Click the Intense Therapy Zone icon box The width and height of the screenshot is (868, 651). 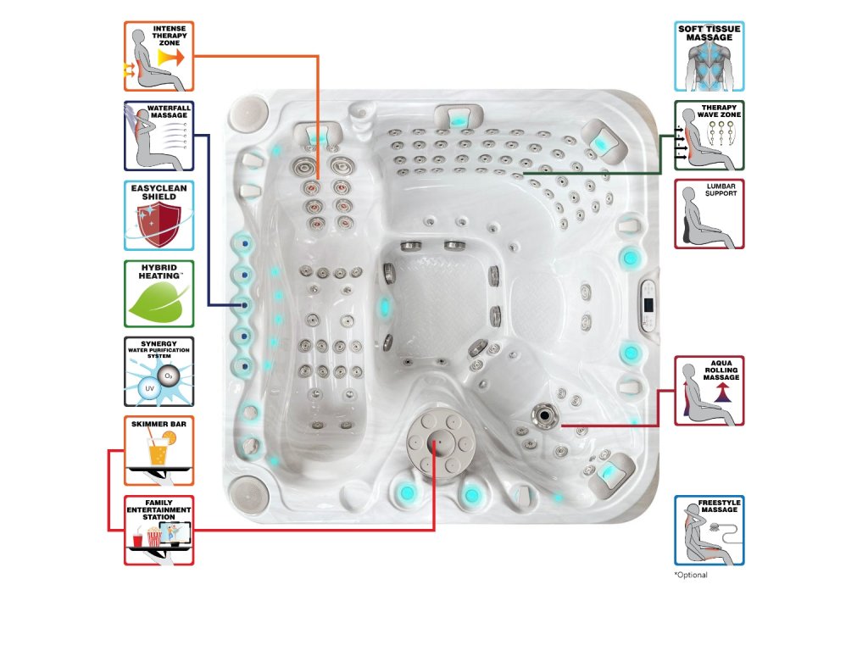[159, 57]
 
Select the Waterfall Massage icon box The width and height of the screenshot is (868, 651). [159, 136]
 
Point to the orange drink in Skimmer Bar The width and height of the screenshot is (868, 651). [159, 449]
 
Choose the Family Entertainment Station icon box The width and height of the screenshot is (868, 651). [159, 530]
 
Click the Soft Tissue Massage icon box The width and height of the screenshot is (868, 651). [709, 57]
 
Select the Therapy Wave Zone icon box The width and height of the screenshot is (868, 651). [709, 136]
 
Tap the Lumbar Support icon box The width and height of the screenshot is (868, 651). [709, 214]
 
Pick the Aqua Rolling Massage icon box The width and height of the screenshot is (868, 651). [709, 391]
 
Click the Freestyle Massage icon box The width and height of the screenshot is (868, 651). [709, 531]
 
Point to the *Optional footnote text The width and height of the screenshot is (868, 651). [691, 575]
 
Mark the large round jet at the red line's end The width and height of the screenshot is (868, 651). [542, 415]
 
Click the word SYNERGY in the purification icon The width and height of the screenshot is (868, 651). [159, 343]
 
